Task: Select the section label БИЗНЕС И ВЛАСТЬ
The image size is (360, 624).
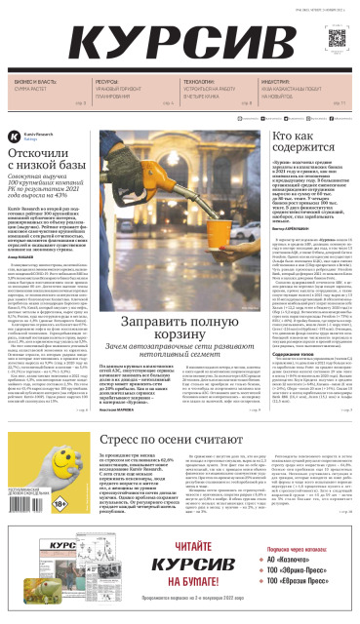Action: (32, 83)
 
